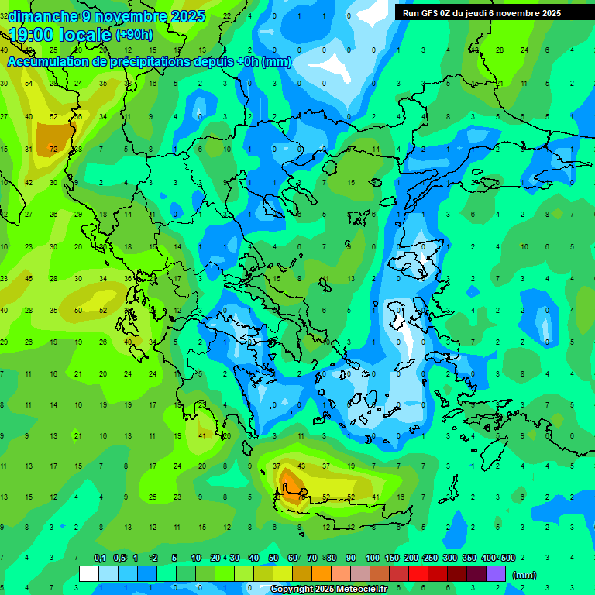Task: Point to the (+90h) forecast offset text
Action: click(134, 35)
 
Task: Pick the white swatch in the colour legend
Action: click(89, 574)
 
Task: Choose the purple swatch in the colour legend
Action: click(496, 574)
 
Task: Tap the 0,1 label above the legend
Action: click(100, 559)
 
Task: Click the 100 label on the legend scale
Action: click(372, 559)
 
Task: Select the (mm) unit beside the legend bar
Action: click(524, 575)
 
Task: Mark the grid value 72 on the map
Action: click(53, 149)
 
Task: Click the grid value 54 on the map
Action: click(29, 84)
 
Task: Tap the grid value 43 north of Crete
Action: click(302, 466)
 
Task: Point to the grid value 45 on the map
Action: click(29, 278)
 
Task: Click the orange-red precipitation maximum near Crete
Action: click(292, 484)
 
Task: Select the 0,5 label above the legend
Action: click(119, 559)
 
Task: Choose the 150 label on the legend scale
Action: click(391, 559)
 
